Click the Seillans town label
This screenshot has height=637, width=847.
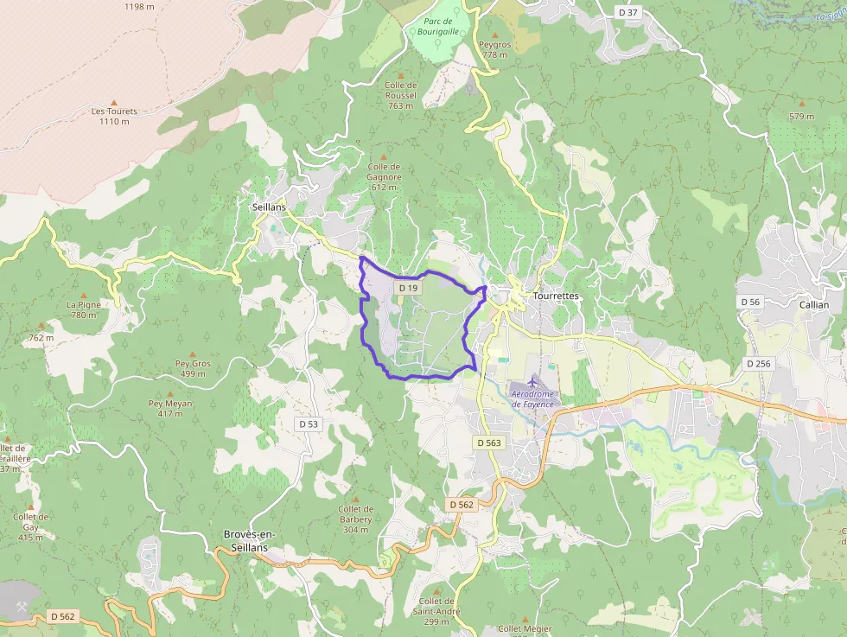click(269, 207)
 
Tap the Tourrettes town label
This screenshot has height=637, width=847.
click(557, 296)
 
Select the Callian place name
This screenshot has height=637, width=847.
click(813, 304)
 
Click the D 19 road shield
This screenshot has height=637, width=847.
click(408, 287)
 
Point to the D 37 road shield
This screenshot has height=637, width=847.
click(628, 12)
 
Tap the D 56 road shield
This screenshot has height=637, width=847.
click(750, 302)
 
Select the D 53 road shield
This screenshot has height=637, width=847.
click(309, 424)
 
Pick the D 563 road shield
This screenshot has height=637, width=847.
click(488, 443)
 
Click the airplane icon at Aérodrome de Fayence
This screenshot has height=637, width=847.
click(531, 381)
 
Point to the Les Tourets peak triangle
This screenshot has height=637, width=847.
click(114, 101)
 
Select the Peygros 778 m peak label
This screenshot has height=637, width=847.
click(495, 49)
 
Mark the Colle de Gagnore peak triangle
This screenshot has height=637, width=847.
click(384, 157)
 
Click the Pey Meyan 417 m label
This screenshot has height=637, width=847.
click(170, 408)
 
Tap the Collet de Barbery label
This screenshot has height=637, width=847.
click(356, 514)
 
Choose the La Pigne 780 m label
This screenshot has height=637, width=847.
click(84, 309)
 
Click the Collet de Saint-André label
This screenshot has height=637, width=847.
click(436, 606)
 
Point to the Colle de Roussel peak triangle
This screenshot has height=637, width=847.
click(400, 75)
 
